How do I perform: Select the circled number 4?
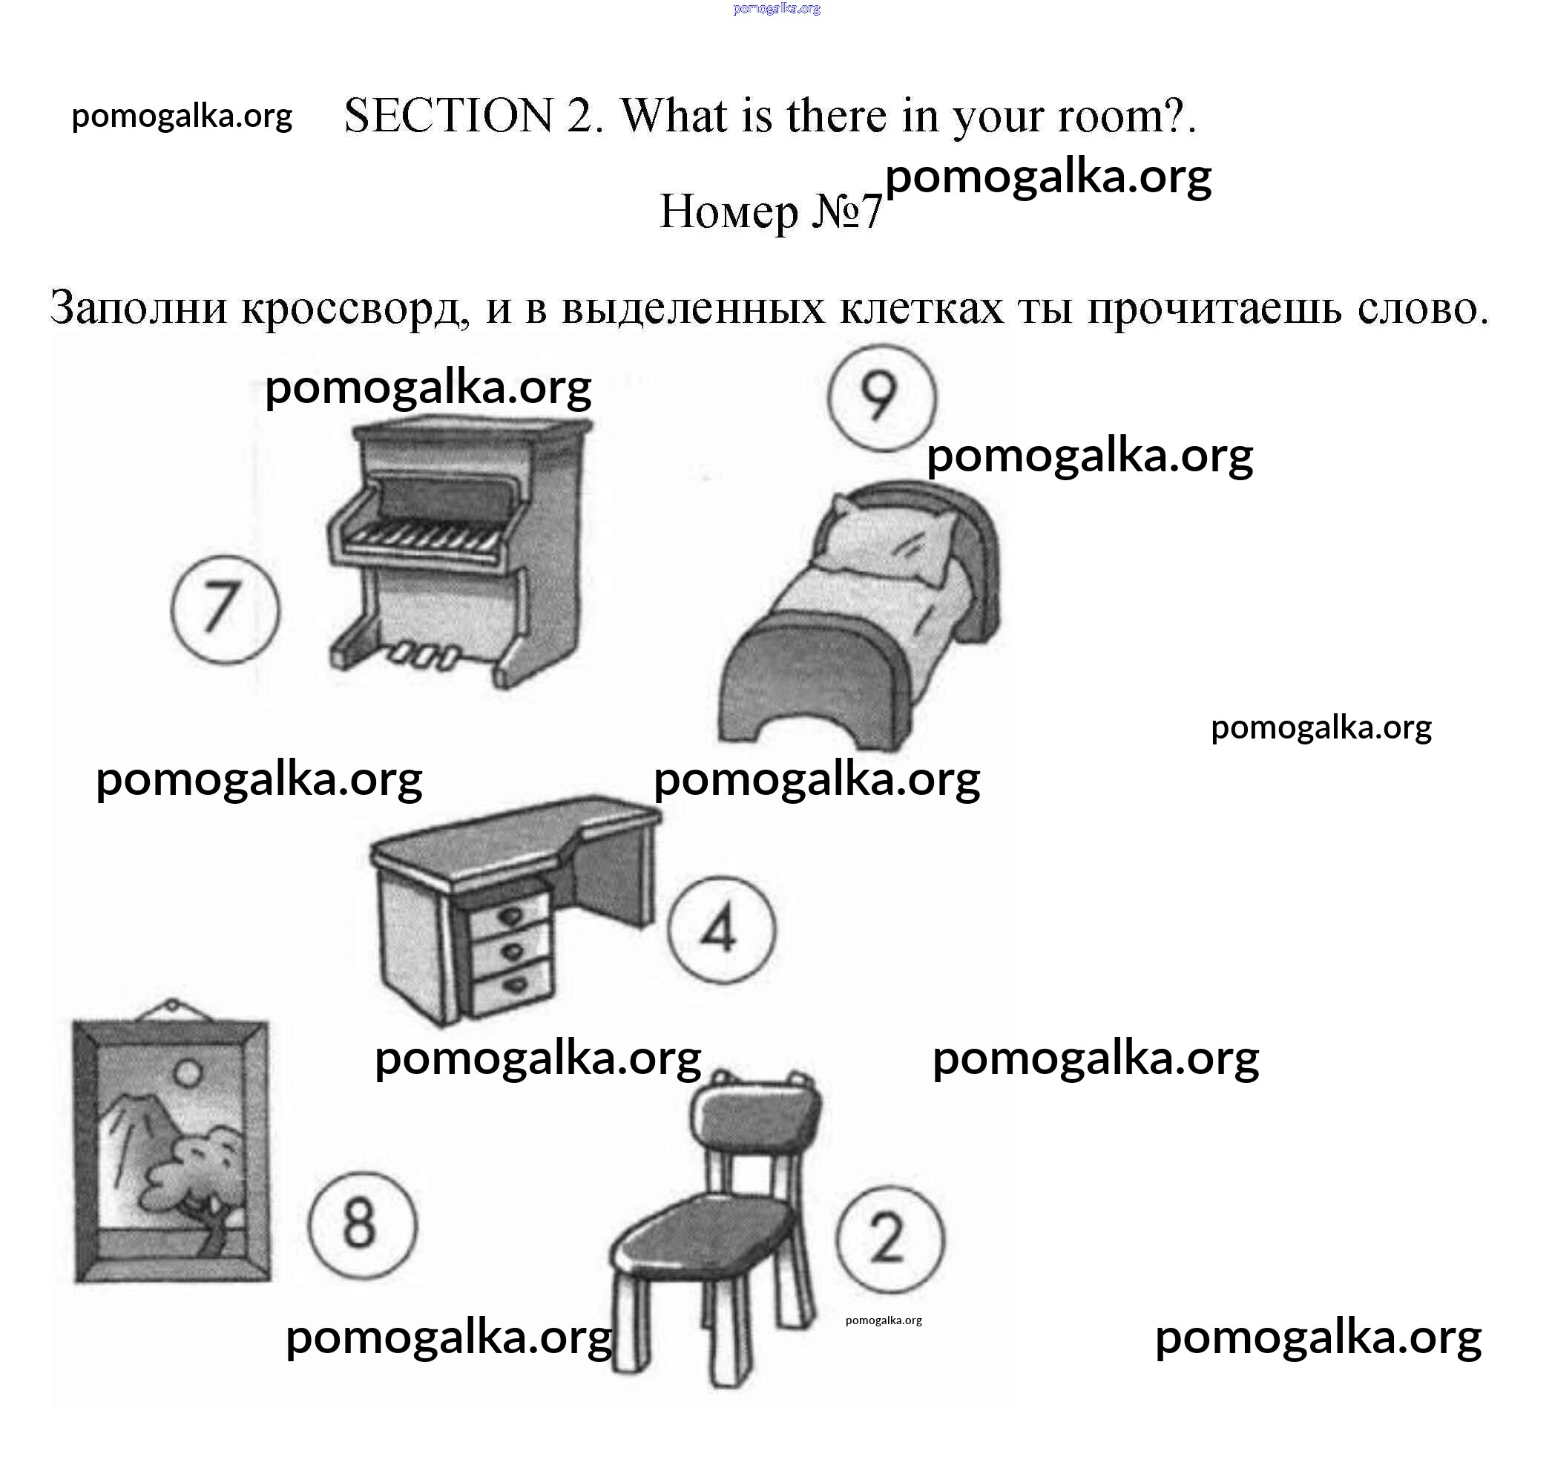click(x=722, y=929)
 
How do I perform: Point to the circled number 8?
click(x=362, y=1224)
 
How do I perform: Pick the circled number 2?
click(x=890, y=1240)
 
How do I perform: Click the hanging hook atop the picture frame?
click(x=171, y=1008)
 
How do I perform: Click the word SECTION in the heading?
click(x=450, y=116)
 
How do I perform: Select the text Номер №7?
click(x=771, y=212)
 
